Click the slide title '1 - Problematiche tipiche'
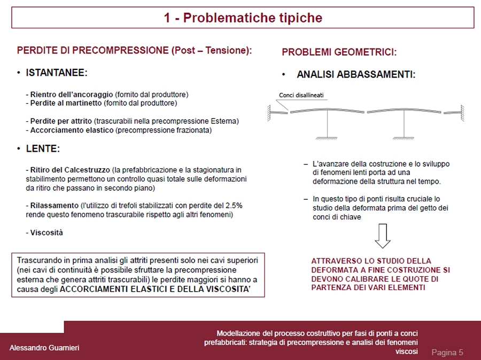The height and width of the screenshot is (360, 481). click(243, 18)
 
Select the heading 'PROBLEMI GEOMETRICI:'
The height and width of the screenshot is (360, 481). click(339, 52)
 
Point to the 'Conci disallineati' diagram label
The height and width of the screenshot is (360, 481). click(301, 96)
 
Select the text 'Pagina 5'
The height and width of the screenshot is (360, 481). click(447, 352)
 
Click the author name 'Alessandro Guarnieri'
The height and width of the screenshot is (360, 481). click(44, 348)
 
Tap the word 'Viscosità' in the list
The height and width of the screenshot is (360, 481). click(46, 232)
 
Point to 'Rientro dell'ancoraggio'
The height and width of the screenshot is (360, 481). click(72, 95)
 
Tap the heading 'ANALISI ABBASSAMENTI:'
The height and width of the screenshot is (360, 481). click(356, 75)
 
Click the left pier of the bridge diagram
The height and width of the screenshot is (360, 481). click(327, 126)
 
